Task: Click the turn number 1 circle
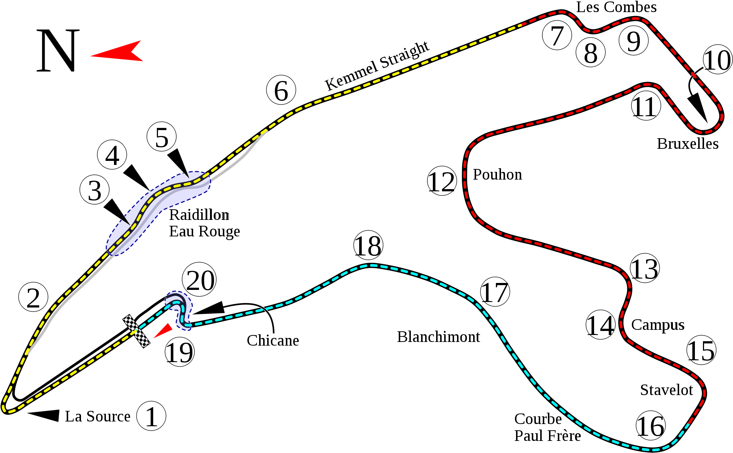point(151,416)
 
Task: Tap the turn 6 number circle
point(281,90)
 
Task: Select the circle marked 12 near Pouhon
point(442,181)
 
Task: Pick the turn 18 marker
point(368,245)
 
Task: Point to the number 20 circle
point(199,280)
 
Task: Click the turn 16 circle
point(651,426)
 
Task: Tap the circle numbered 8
point(590,52)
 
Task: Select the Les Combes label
point(616,7)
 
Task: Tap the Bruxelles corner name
point(687,144)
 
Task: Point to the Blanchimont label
point(438,336)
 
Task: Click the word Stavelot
point(667,390)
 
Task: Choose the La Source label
point(97,416)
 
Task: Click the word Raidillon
point(200,215)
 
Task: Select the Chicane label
point(273,340)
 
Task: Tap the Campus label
point(657,325)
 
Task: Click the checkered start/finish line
point(136,331)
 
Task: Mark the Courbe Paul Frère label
point(548,427)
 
